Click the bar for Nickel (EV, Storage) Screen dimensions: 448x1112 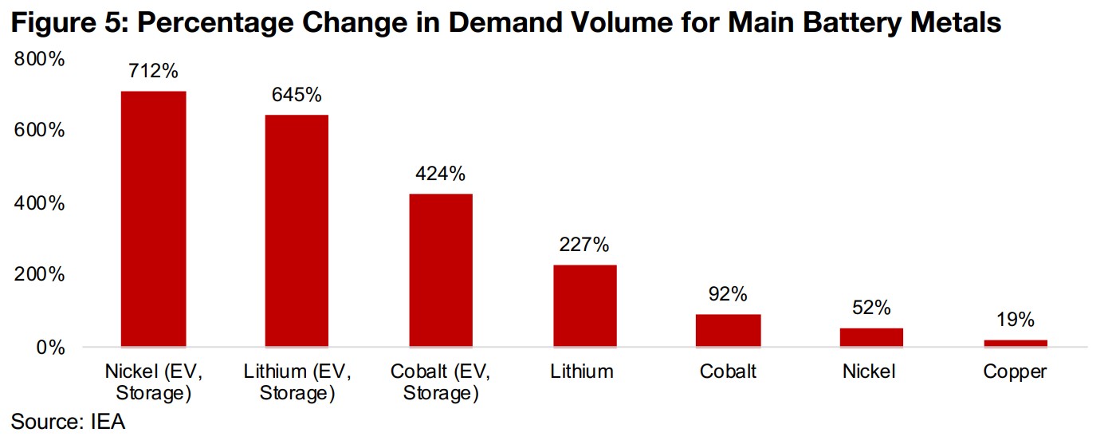153,219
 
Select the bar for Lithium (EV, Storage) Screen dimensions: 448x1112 297,231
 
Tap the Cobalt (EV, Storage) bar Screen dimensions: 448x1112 440,270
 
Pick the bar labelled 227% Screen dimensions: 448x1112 584,306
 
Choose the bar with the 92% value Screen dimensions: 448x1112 728,331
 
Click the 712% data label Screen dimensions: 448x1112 153,72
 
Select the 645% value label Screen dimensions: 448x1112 297,96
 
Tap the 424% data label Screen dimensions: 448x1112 440,175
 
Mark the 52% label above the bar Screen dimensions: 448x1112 871,308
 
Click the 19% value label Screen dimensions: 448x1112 1015,320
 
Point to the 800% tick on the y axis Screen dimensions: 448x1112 39,59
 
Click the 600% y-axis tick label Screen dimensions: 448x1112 39,131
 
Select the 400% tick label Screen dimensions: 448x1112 39,203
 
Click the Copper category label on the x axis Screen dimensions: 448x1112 1015,371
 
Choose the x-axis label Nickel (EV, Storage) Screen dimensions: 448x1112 153,382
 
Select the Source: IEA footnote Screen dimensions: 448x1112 69,422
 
